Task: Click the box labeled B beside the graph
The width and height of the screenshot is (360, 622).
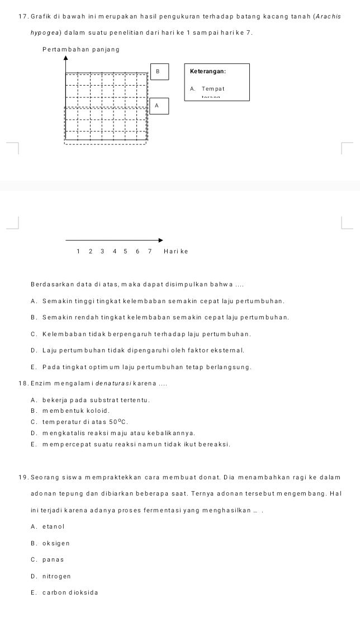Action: (x=158, y=72)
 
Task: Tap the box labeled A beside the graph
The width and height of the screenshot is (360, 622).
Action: (x=158, y=105)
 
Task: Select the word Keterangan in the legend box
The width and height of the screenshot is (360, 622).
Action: (x=208, y=72)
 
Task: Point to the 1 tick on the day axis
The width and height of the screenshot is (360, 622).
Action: (x=78, y=251)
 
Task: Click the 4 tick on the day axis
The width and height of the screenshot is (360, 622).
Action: (x=114, y=251)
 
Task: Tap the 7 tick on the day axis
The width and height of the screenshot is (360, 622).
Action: (x=150, y=251)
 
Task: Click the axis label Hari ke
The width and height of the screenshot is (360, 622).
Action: (x=176, y=251)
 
